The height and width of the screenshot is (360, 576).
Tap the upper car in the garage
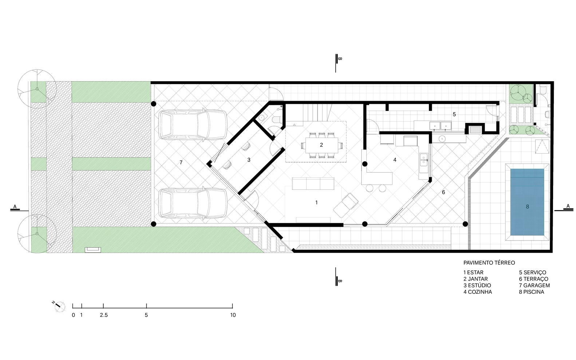pos(193,125)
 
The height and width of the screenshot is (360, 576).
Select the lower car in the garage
pos(193,203)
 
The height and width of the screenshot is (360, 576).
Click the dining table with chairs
pos(321,145)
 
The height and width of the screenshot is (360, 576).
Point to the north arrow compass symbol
pos(59,306)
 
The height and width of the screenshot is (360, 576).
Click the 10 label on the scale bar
pos(233,315)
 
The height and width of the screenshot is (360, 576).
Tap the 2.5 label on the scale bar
pos(104,315)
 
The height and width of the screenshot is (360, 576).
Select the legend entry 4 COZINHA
pos(477,292)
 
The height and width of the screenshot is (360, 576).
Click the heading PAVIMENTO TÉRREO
pos(489,263)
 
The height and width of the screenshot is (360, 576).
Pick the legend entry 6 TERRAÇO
pos(533,279)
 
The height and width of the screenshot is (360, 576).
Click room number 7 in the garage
pos(181,162)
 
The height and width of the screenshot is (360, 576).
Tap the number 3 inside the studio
pos(249,160)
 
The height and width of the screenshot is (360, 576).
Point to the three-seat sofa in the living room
pos(313,183)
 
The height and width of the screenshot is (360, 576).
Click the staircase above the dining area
pos(317,112)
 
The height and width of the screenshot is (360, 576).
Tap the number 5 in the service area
pos(454,114)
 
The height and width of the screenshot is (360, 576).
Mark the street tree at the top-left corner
pos(37,88)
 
